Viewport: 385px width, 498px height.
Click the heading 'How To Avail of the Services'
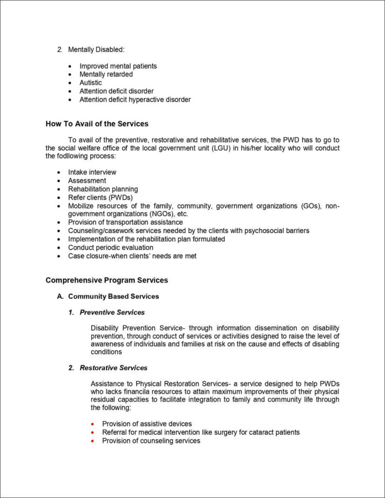(x=97, y=124)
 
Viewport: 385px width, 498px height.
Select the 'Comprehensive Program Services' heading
(x=107, y=280)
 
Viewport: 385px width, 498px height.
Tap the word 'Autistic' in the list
(x=91, y=83)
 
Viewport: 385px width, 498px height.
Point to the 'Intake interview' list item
(x=92, y=172)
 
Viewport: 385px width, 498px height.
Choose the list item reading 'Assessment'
(x=87, y=180)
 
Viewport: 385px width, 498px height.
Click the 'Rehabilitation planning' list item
(x=103, y=189)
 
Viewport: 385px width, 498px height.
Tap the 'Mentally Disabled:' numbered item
(x=96, y=50)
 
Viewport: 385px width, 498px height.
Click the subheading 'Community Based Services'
(x=113, y=296)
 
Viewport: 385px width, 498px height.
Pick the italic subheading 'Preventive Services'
(x=112, y=312)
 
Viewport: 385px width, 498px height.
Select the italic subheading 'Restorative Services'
(x=113, y=368)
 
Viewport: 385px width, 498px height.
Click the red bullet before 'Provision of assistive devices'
(x=92, y=424)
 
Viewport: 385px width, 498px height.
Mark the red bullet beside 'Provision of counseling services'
(x=92, y=441)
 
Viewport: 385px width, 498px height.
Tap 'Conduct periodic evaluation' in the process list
(x=110, y=248)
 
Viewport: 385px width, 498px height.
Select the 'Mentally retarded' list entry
(x=106, y=74)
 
